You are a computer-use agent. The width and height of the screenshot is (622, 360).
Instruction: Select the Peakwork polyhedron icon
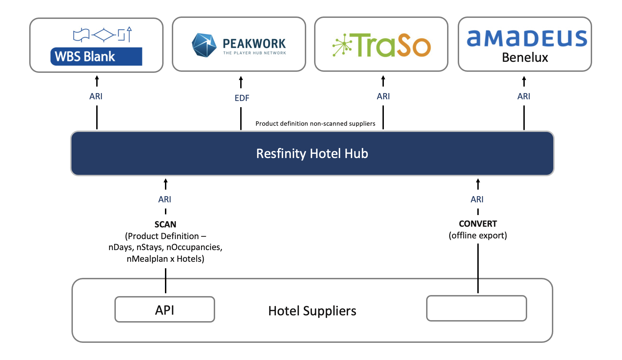pyautogui.click(x=204, y=45)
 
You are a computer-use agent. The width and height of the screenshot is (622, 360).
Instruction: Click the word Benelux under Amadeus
pyautogui.click(x=525, y=57)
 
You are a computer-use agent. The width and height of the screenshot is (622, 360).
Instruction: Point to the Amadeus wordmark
pyautogui.click(x=527, y=38)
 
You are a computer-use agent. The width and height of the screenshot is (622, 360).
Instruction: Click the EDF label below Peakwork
pyautogui.click(x=242, y=98)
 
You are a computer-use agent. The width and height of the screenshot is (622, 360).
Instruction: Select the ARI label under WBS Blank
pyautogui.click(x=96, y=97)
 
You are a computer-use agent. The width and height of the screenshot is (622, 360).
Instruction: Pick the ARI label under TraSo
pyautogui.click(x=383, y=97)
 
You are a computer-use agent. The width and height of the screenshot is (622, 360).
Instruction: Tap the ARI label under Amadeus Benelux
pyautogui.click(x=524, y=97)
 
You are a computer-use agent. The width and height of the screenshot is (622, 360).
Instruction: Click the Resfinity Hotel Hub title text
pyautogui.click(x=312, y=154)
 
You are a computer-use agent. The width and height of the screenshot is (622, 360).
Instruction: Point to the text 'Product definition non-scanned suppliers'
pyautogui.click(x=315, y=124)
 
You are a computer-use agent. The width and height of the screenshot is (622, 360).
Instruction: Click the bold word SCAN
pyautogui.click(x=165, y=225)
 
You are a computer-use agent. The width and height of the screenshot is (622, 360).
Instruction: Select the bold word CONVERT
pyautogui.click(x=478, y=224)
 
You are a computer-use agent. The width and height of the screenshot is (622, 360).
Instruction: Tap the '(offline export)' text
pyautogui.click(x=478, y=236)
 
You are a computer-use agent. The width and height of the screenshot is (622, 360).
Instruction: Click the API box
pyautogui.click(x=165, y=310)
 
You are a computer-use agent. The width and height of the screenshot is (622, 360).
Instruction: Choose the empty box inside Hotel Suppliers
pyautogui.click(x=476, y=308)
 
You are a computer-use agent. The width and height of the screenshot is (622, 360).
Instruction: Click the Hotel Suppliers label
pyautogui.click(x=312, y=311)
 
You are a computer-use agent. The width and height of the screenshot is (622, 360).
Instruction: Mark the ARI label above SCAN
pyautogui.click(x=165, y=200)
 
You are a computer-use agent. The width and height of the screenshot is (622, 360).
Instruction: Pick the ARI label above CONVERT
pyautogui.click(x=477, y=200)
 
